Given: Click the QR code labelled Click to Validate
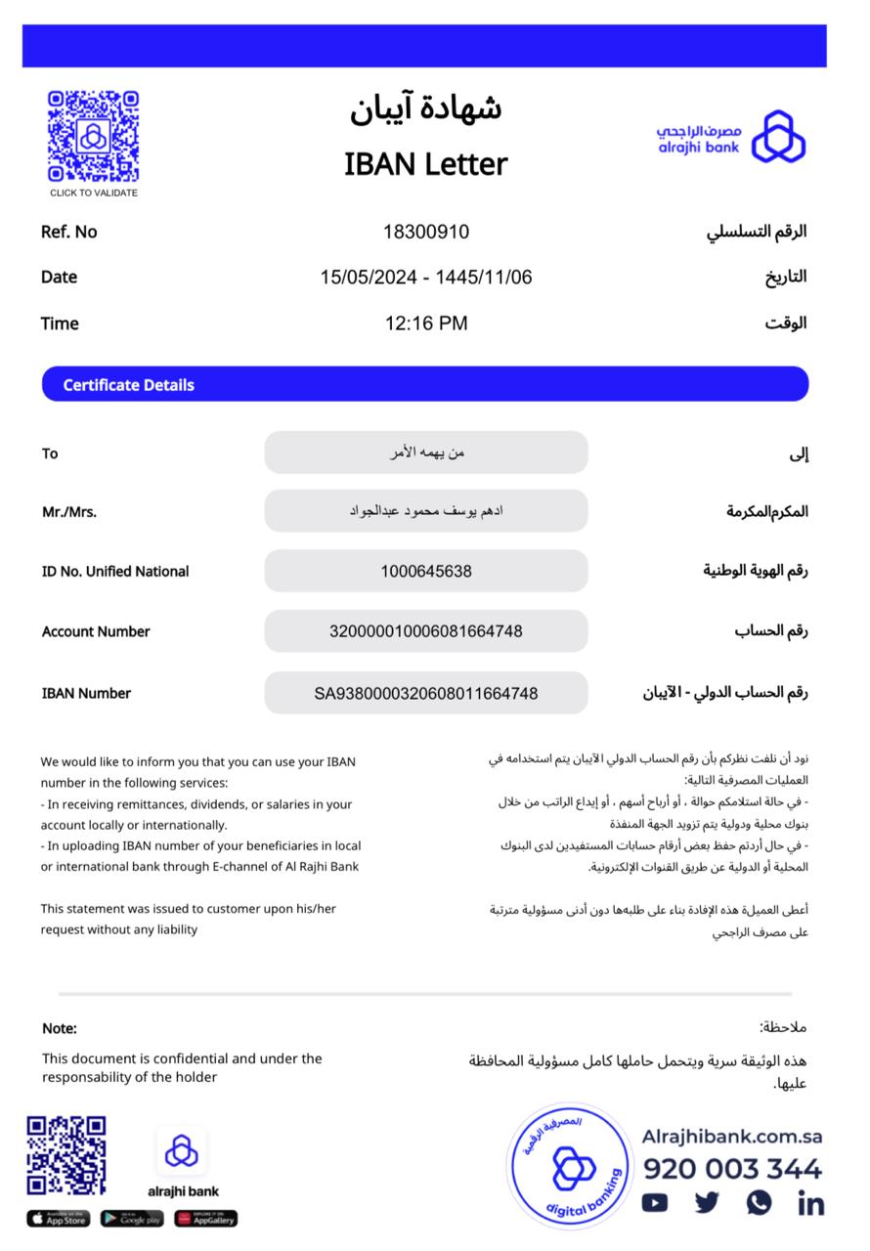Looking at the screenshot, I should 93,136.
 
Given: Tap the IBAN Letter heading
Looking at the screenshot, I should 425,164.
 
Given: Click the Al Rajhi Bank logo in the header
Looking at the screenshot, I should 731,136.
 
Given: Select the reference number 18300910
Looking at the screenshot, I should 425,232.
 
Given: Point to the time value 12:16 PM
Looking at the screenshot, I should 425,323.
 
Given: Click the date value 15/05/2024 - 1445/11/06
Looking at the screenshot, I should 425,278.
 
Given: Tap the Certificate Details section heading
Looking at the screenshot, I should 129,385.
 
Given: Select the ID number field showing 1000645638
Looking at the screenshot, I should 425,571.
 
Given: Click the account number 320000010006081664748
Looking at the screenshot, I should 425,631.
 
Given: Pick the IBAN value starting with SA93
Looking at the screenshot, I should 425,693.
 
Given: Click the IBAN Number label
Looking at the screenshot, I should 86,693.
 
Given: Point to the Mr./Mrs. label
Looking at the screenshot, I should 68,511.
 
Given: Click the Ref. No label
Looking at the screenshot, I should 68,232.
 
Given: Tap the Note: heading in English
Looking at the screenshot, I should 59,1028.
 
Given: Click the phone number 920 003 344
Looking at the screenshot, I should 731,1169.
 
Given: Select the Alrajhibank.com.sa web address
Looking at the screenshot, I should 731,1137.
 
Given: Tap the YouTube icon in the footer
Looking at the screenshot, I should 655,1203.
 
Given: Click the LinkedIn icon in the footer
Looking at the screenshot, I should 810,1203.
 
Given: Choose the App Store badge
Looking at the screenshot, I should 58,1219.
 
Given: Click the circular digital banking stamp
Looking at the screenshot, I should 570,1165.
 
